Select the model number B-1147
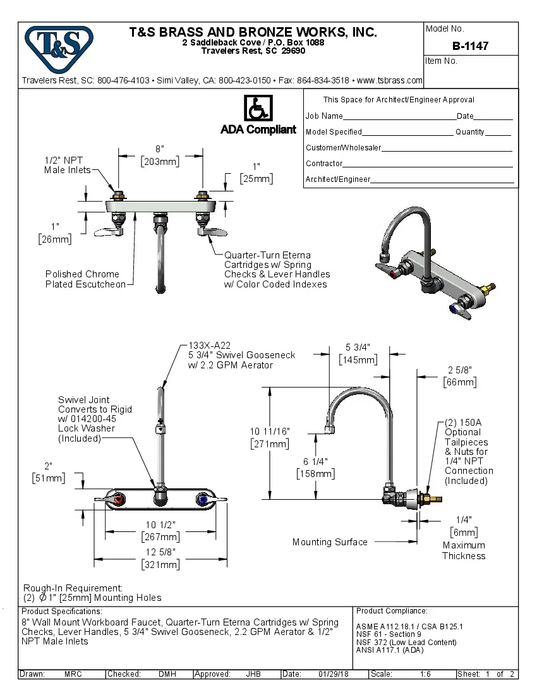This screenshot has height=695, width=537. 470,46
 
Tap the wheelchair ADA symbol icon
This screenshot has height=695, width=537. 258,109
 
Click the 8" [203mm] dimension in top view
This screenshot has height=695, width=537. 159,155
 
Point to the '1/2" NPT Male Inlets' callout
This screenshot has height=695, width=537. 67,165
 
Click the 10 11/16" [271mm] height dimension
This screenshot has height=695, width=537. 270,438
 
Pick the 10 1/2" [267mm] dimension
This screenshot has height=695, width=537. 160,531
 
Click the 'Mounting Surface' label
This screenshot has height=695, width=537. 330,542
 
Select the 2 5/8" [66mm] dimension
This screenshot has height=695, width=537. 460,376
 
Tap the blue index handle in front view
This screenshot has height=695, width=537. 204,500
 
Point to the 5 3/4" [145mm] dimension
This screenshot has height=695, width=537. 358,353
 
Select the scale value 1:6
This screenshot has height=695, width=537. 426,674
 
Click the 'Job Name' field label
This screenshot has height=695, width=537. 324,116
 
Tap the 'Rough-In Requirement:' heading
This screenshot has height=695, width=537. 73,588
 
